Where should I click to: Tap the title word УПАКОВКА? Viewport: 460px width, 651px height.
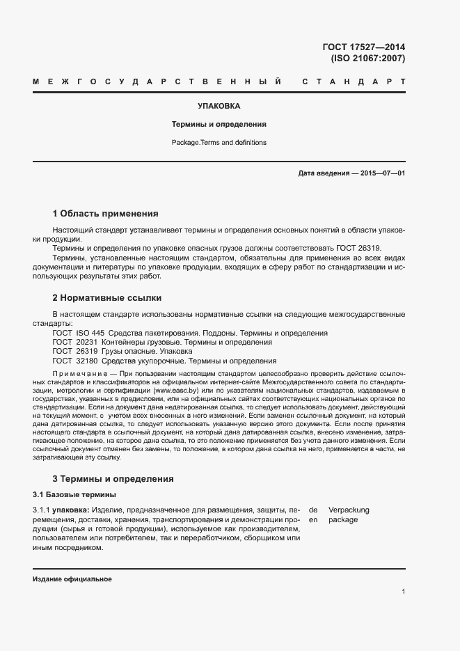tap(219, 107)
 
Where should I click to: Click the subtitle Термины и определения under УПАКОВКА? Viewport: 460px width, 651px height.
tap(219, 125)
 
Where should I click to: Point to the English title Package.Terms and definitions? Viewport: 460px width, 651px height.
tap(219, 143)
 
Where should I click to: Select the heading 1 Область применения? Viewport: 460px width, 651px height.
tap(106, 213)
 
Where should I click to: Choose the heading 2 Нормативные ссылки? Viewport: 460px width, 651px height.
tap(107, 297)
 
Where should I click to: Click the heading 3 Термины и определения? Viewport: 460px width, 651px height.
tap(113, 479)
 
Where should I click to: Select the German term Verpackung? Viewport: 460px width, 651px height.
tap(349, 510)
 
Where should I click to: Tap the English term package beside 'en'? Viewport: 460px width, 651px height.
tap(343, 519)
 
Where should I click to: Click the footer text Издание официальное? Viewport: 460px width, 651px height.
tap(72, 579)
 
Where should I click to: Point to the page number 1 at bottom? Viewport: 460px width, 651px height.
tap(404, 592)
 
